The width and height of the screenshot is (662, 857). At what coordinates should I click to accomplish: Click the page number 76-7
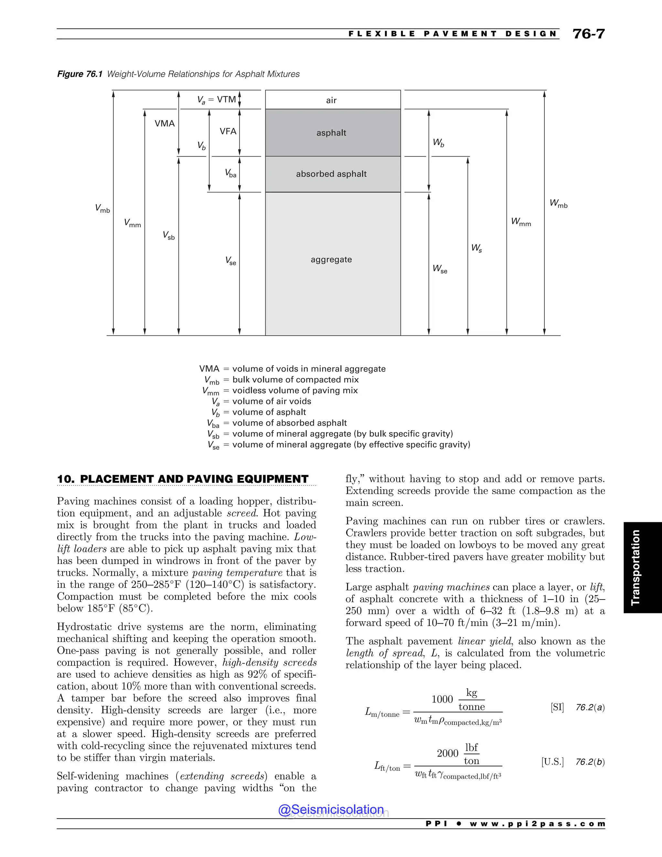point(588,34)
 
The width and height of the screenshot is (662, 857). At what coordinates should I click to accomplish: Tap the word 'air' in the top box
point(331,101)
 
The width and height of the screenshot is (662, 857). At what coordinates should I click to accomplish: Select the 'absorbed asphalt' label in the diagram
point(331,174)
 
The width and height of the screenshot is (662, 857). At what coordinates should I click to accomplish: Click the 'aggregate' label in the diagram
point(331,259)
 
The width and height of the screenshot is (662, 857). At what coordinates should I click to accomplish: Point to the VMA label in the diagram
point(165,124)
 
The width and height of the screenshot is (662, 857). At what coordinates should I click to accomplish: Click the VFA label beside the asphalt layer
point(228,131)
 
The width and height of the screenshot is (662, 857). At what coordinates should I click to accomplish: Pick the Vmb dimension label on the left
point(102,209)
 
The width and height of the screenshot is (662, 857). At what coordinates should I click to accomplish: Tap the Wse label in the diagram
point(440,269)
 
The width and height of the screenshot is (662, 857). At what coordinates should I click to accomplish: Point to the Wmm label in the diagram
point(521,222)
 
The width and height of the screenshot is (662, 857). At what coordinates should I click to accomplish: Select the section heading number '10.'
point(66,479)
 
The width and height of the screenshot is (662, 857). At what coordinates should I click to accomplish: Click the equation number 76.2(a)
point(590,708)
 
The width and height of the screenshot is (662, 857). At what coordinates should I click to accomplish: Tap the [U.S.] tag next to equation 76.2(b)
point(552,762)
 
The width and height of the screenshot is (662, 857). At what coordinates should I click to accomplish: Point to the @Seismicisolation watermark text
point(331,809)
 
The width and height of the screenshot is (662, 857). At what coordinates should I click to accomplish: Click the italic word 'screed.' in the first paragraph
point(240,513)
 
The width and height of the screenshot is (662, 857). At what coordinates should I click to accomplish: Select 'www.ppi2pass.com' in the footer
point(537,824)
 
